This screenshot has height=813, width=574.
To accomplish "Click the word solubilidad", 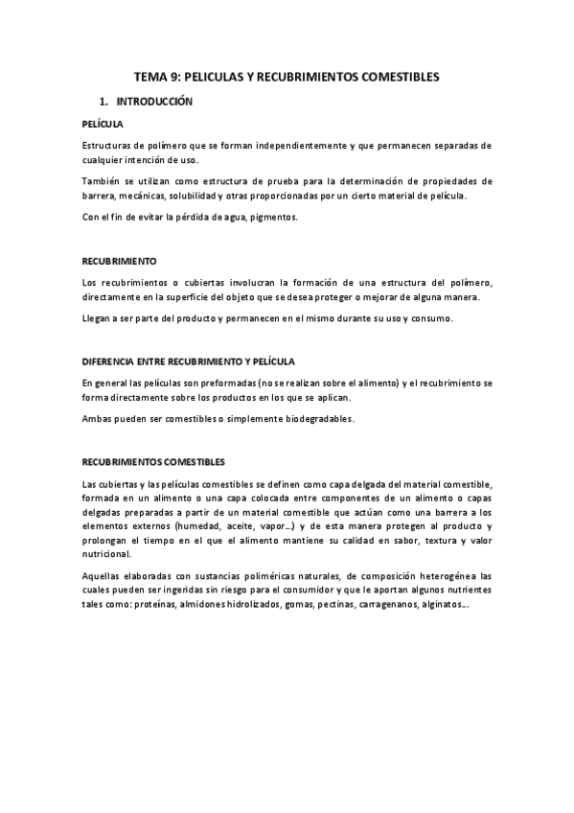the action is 189,196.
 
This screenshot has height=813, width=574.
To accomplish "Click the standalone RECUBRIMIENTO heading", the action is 120,261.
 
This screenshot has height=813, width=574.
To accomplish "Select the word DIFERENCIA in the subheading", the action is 110,360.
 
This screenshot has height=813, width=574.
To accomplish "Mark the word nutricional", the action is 106,555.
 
